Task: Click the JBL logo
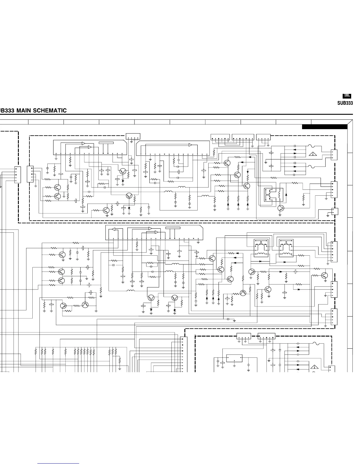click(x=347, y=96)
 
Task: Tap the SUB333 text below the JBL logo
click(x=345, y=103)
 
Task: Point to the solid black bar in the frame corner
click(x=324, y=127)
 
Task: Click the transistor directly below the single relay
click(x=281, y=208)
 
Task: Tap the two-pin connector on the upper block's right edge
click(x=335, y=211)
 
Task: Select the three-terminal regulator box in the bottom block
click(x=234, y=358)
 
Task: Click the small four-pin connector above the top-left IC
click(x=133, y=136)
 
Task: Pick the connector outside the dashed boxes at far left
click(x=18, y=174)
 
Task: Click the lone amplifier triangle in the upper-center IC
click(x=190, y=145)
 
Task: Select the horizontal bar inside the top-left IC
click(x=106, y=143)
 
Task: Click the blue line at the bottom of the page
click(x=58, y=464)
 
